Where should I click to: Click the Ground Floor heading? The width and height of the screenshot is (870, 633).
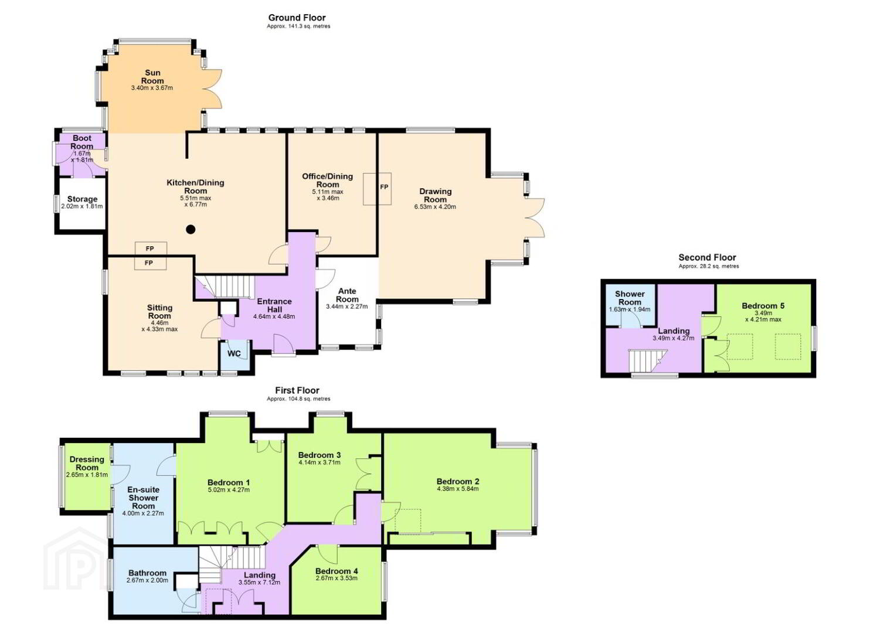[x=297, y=18]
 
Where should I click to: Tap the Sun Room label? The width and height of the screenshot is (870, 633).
[x=152, y=77]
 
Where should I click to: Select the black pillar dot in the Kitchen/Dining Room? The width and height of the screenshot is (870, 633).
[x=191, y=230]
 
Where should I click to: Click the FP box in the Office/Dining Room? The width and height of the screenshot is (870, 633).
[x=377, y=189]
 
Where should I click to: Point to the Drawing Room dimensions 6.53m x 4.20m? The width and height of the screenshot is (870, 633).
[x=435, y=206]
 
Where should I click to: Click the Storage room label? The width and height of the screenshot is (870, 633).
[x=82, y=199]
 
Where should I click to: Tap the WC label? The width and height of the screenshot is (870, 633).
[x=234, y=353]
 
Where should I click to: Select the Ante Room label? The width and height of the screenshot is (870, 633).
[x=347, y=295]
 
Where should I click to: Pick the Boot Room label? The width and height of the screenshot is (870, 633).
[x=82, y=142]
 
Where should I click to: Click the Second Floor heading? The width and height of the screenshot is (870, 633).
[x=707, y=257]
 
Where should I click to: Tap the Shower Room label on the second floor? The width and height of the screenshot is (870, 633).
[x=630, y=298]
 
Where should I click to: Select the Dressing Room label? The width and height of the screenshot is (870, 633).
[x=87, y=463]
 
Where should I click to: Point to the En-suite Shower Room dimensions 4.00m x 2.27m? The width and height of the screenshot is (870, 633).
[x=143, y=513]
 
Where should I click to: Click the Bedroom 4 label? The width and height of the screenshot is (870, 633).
[x=337, y=571]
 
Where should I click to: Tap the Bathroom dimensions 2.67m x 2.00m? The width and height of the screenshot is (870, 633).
[x=147, y=581]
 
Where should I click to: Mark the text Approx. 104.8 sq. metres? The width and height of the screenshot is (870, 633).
[x=298, y=399]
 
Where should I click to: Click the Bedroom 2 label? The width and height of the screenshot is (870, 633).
[x=457, y=482]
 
